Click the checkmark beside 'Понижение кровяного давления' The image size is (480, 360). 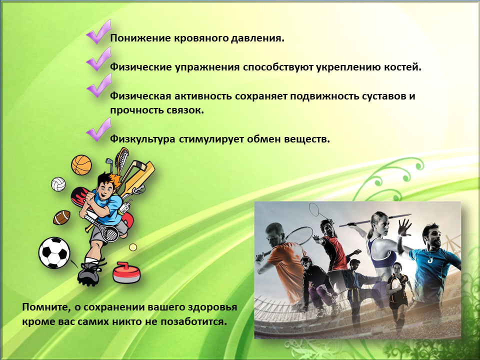coord(98,32)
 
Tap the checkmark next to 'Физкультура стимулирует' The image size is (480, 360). coord(98,130)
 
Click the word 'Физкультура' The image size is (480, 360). coord(142,139)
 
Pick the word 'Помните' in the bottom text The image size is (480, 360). coord(46,307)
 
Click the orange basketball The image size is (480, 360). coord(81,165)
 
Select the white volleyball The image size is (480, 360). coord(58,184)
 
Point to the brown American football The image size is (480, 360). coord(62,217)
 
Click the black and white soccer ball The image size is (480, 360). coord(54,253)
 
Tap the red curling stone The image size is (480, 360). coord(126,272)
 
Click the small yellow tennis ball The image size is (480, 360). coord(133,247)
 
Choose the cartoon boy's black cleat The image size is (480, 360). coord(89,273)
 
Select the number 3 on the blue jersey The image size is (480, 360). coord(430,260)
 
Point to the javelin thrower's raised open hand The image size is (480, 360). coord(404,227)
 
